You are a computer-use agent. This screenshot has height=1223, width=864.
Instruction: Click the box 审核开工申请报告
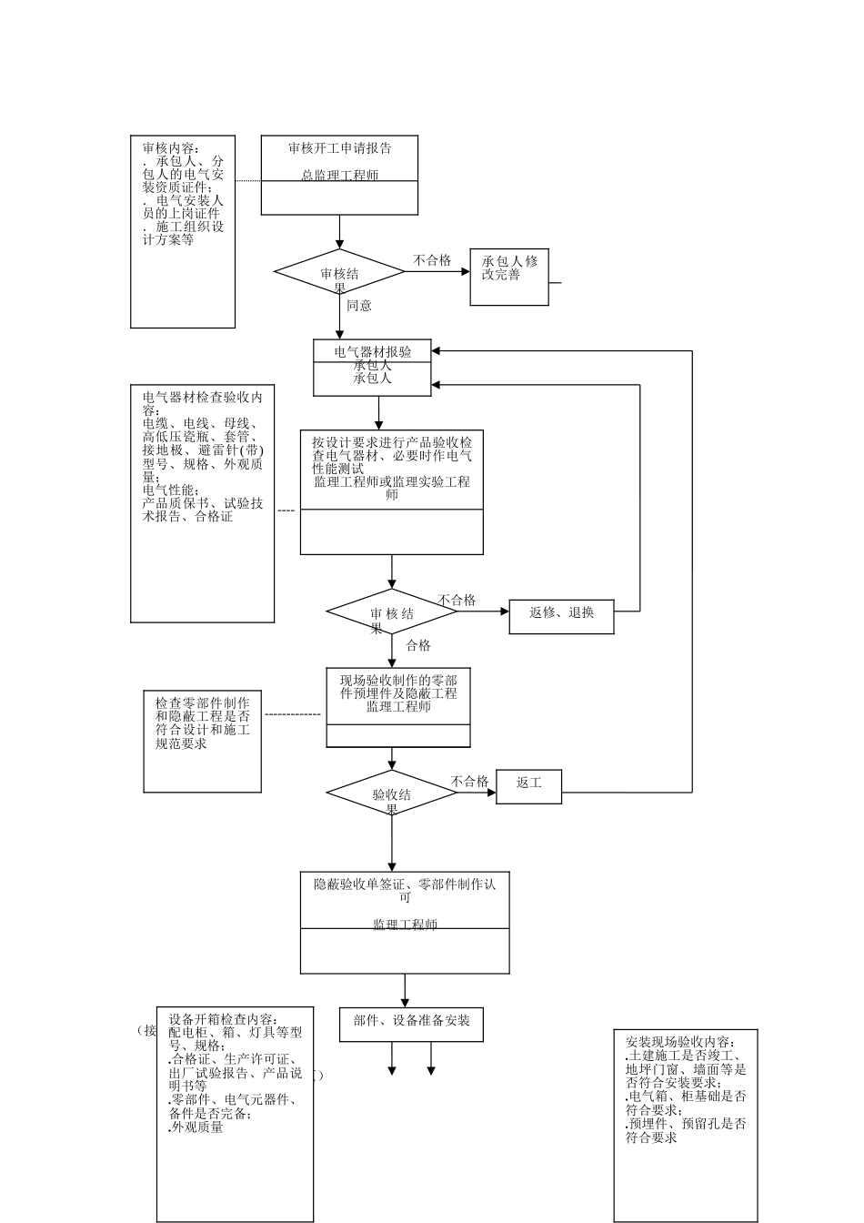339,175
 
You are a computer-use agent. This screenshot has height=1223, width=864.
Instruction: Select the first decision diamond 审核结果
339,272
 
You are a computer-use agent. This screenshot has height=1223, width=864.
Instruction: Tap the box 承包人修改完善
509,277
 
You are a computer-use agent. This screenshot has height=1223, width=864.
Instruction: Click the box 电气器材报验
372,368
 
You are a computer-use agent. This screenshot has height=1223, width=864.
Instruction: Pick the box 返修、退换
561,615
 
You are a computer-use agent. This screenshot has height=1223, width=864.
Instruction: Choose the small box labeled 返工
528,786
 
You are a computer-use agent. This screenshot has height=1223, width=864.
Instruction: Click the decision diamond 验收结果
392,793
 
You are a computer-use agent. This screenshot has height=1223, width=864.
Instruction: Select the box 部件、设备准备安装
411,1023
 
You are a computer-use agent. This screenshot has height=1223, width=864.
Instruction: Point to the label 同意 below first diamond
359,306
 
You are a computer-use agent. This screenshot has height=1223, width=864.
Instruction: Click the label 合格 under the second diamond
418,646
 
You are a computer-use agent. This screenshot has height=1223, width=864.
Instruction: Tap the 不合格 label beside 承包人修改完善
432,260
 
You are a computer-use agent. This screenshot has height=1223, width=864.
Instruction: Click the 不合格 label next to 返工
470,782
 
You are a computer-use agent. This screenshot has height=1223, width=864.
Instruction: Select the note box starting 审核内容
183,231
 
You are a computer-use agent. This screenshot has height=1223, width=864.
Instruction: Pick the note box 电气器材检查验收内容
202,504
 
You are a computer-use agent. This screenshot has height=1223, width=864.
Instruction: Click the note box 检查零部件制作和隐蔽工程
203,741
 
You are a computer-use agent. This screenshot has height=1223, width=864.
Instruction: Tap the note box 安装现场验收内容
686,1125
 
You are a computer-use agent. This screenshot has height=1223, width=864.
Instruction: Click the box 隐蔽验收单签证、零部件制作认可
405,922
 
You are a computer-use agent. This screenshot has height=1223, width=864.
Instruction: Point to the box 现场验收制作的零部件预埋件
398,707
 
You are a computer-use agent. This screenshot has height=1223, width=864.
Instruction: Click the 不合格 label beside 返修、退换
457,601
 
